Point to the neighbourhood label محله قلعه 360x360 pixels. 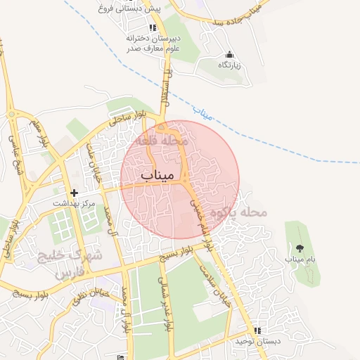pos(165,141)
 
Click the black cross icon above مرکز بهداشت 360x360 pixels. pos(74,192)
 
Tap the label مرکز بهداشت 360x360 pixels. pos(77,202)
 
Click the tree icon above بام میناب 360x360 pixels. pos(300,247)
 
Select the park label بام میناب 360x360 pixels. pos(300,259)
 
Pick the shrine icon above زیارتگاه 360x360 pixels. pos(229,54)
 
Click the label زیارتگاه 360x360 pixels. pos(229,65)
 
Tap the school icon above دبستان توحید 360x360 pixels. pos(257,330)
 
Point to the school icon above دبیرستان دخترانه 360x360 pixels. pos(153,27)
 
